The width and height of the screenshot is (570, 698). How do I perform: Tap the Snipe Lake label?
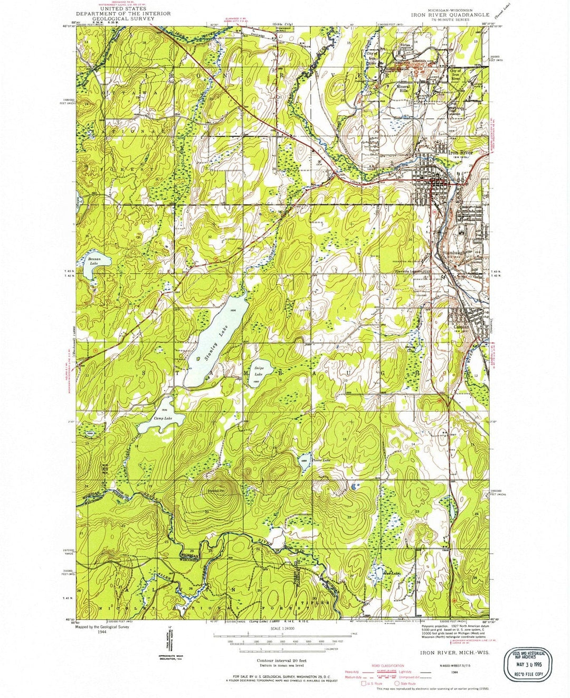259,367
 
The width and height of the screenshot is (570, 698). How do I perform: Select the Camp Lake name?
163,418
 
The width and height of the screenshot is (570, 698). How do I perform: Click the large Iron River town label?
460,153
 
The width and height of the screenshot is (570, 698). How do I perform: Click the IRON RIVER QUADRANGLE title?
450,15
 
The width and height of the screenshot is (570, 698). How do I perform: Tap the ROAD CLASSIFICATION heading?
388,665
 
